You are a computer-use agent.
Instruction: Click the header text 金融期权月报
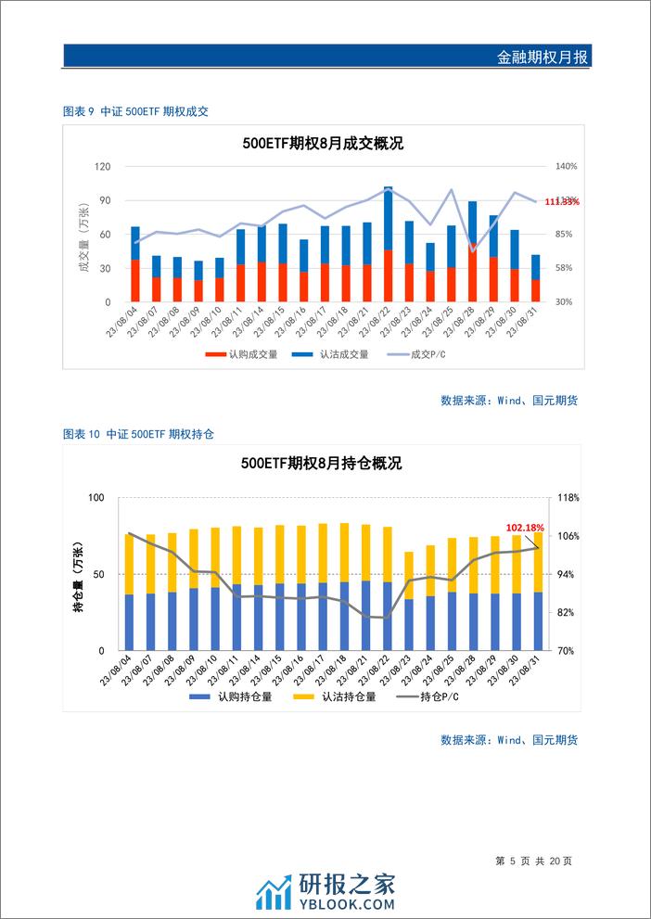coord(542,57)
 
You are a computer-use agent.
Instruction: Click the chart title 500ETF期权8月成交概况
coord(322,144)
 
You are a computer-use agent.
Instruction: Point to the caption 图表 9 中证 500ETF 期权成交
coord(135,111)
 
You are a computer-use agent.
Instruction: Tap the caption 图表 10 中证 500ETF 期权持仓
coord(139,434)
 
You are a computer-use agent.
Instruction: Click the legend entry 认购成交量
coord(243,354)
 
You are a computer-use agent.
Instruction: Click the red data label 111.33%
coord(562,201)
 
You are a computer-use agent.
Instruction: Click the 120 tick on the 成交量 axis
coord(103,167)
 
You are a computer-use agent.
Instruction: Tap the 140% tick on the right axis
coord(567,167)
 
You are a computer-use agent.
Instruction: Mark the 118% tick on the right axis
coord(568,498)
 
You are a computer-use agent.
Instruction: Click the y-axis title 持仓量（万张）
coord(79,575)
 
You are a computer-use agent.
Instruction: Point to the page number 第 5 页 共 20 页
coord(535,861)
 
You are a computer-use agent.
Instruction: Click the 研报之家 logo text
coord(347,886)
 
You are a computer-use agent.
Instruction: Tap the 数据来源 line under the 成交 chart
coord(509,401)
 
